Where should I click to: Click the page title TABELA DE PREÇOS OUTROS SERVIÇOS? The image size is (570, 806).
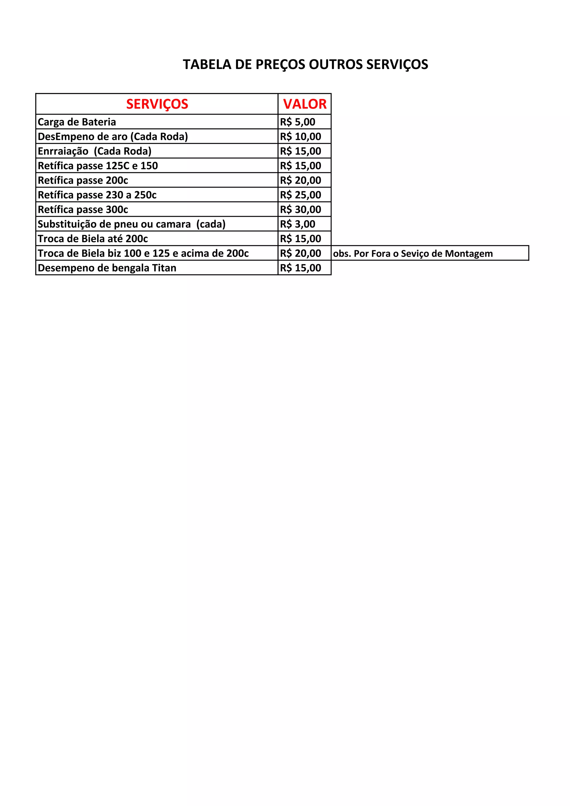coord(305,65)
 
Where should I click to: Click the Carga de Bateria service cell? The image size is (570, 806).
coord(77,122)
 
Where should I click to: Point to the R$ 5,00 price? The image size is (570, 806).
coord(298,122)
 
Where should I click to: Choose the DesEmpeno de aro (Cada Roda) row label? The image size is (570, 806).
coord(113,137)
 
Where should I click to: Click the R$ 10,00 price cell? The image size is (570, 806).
coord(300,137)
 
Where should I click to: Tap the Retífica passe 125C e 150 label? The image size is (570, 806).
coord(98,166)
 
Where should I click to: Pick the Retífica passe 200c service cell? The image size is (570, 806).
coord(83,180)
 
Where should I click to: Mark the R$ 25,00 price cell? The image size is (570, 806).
coord(300,195)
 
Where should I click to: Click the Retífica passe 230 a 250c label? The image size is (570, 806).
coord(97,195)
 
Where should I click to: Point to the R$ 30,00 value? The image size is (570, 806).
coord(300,210)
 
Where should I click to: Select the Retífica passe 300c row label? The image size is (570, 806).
coord(83,210)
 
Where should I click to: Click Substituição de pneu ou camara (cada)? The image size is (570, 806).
coord(132,224)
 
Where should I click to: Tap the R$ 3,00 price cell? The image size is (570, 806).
coord(298,224)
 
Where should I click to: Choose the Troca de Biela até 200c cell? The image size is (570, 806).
coord(93,239)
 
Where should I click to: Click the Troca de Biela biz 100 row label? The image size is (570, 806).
coord(143,253)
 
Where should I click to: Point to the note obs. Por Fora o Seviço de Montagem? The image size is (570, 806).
coord(413,254)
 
